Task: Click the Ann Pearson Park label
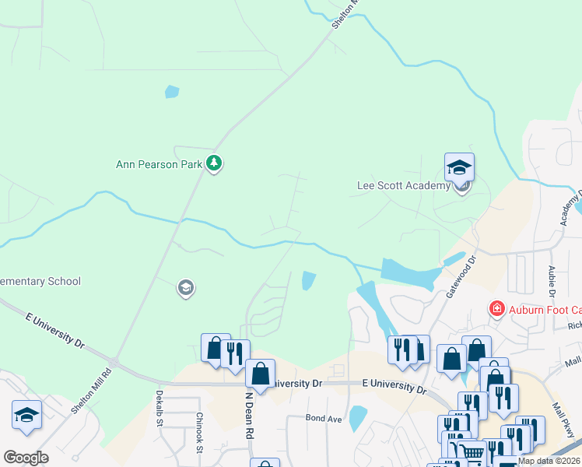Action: pyautogui.click(x=159, y=164)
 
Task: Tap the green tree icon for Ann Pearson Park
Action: pyautogui.click(x=215, y=163)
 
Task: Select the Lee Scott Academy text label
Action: pyautogui.click(x=403, y=185)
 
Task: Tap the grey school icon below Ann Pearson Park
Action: pyautogui.click(x=185, y=289)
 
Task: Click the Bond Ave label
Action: pyautogui.click(x=324, y=419)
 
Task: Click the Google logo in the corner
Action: pyautogui.click(x=26, y=457)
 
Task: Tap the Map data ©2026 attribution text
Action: pyautogui.click(x=549, y=461)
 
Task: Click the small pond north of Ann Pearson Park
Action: pyautogui.click(x=172, y=92)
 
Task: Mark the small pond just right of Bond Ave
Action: pyautogui.click(x=358, y=418)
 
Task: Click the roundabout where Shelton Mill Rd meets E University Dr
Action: pyautogui.click(x=114, y=363)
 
